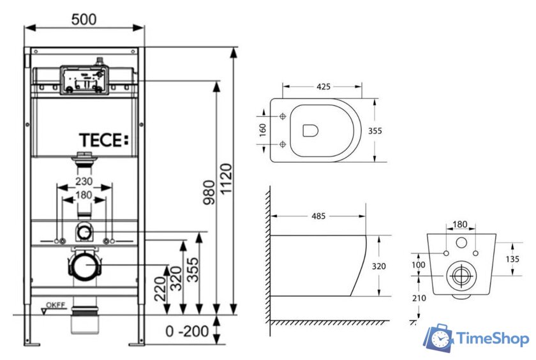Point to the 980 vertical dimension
(209, 203)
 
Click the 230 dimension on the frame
(84, 182)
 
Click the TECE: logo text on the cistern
(103, 140)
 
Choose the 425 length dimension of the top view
(324, 87)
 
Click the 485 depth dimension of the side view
(318, 216)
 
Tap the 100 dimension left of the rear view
(417, 264)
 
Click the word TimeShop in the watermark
(493, 339)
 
